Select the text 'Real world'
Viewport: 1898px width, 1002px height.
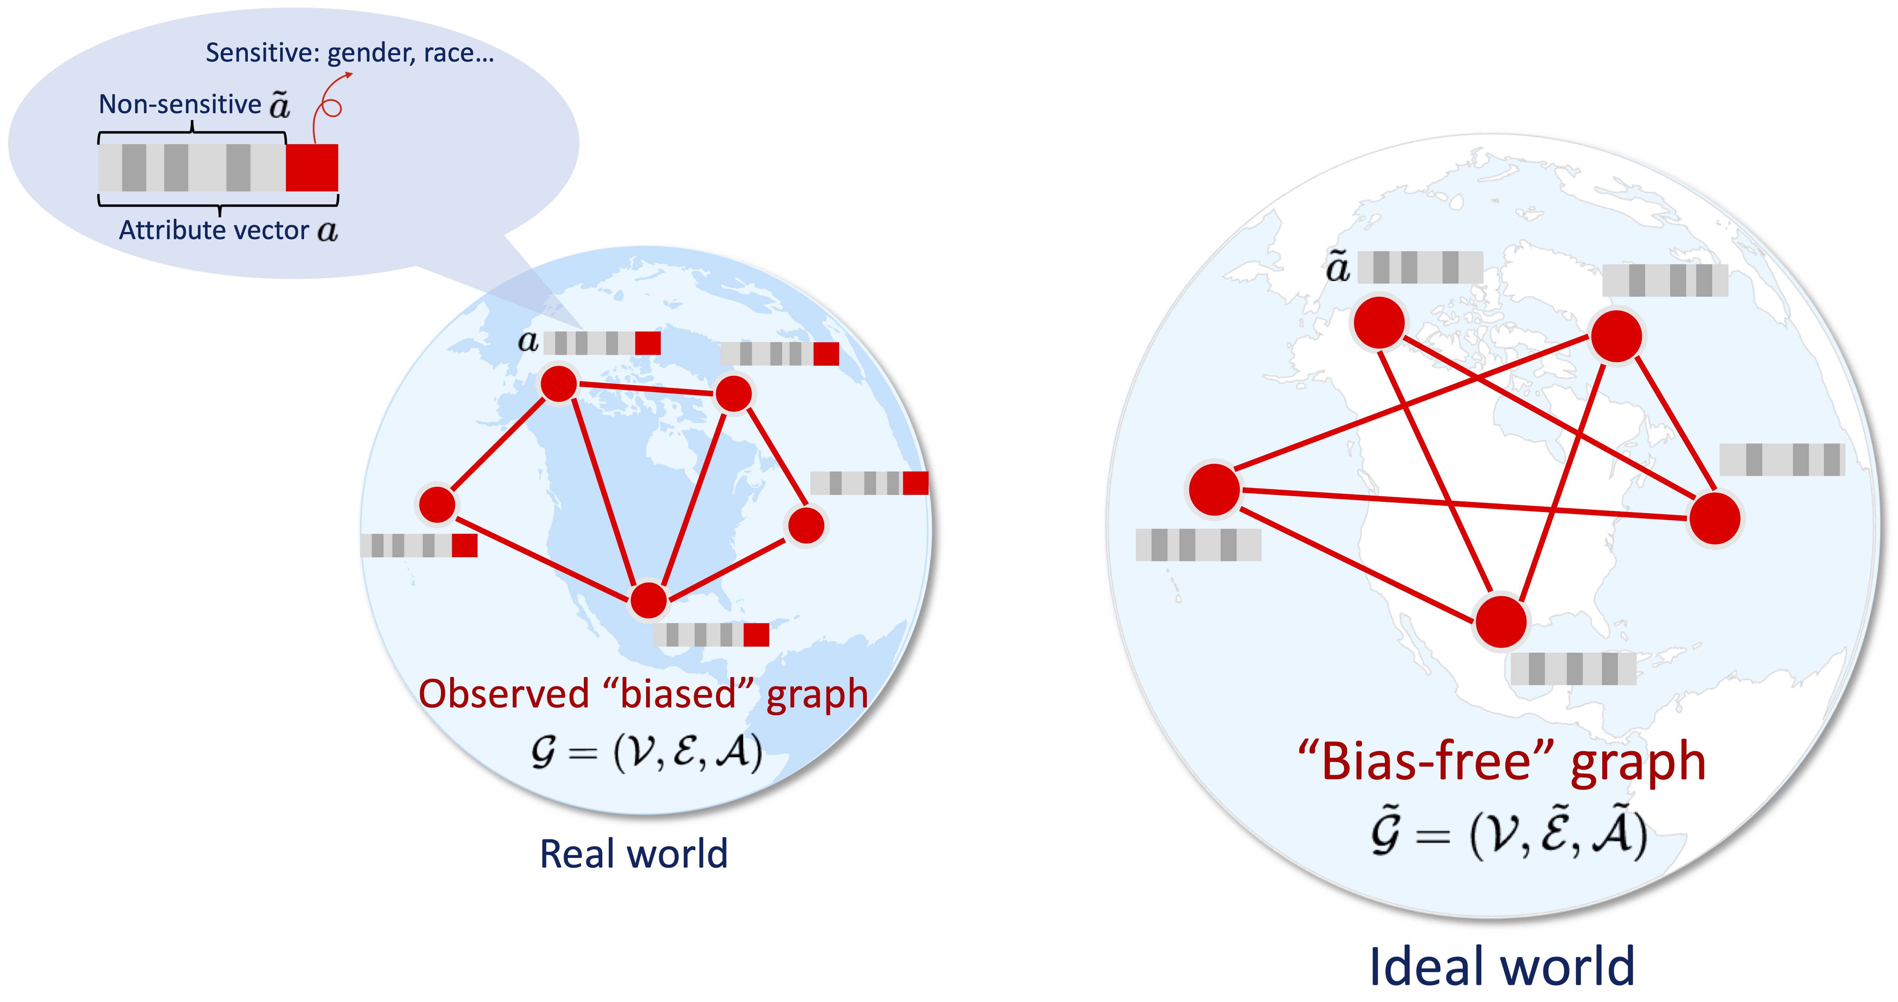pyautogui.click(x=634, y=854)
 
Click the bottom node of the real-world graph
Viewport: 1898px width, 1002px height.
pyautogui.click(x=649, y=600)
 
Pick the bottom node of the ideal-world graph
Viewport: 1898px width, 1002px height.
pyautogui.click(x=1501, y=622)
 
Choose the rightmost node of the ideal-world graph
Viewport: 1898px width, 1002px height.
pyautogui.click(x=1715, y=518)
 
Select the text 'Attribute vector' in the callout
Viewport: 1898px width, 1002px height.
pyautogui.click(x=214, y=231)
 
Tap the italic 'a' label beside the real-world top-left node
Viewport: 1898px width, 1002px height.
pyautogui.click(x=528, y=341)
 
